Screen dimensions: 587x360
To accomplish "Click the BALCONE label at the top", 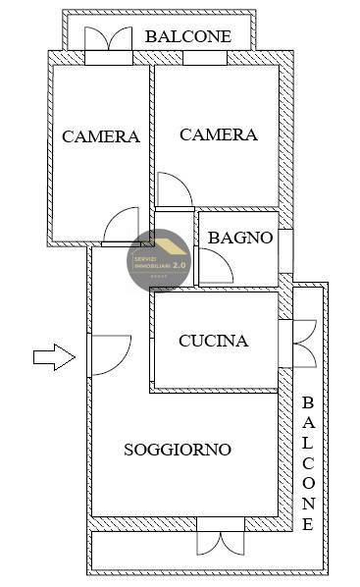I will point(188,36).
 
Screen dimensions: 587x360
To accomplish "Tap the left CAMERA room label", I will point(101,136).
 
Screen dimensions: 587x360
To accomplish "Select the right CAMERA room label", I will point(219,135).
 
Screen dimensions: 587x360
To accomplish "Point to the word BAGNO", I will point(239,237).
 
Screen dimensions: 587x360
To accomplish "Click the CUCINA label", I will point(214,342).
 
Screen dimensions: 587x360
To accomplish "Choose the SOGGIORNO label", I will point(178,450).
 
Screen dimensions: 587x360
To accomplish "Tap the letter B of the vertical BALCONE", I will point(307,402).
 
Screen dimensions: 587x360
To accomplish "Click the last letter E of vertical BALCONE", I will point(307,524).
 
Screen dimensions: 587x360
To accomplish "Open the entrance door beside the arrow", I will point(108,354).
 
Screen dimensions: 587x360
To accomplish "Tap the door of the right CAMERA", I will point(173,190).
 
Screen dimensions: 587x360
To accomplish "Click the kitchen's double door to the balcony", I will point(301,343).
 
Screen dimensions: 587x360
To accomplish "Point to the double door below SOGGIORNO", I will point(220,538).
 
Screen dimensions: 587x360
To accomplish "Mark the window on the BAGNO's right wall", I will point(285,251).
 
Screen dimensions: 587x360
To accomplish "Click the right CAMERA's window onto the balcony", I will point(204,58).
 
